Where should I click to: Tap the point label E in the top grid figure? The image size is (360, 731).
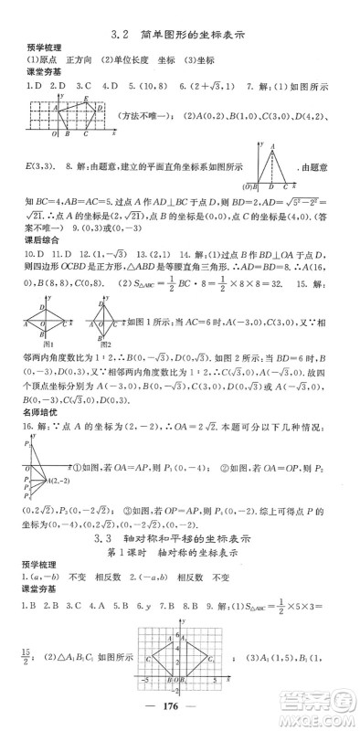(x=86, y=99)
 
